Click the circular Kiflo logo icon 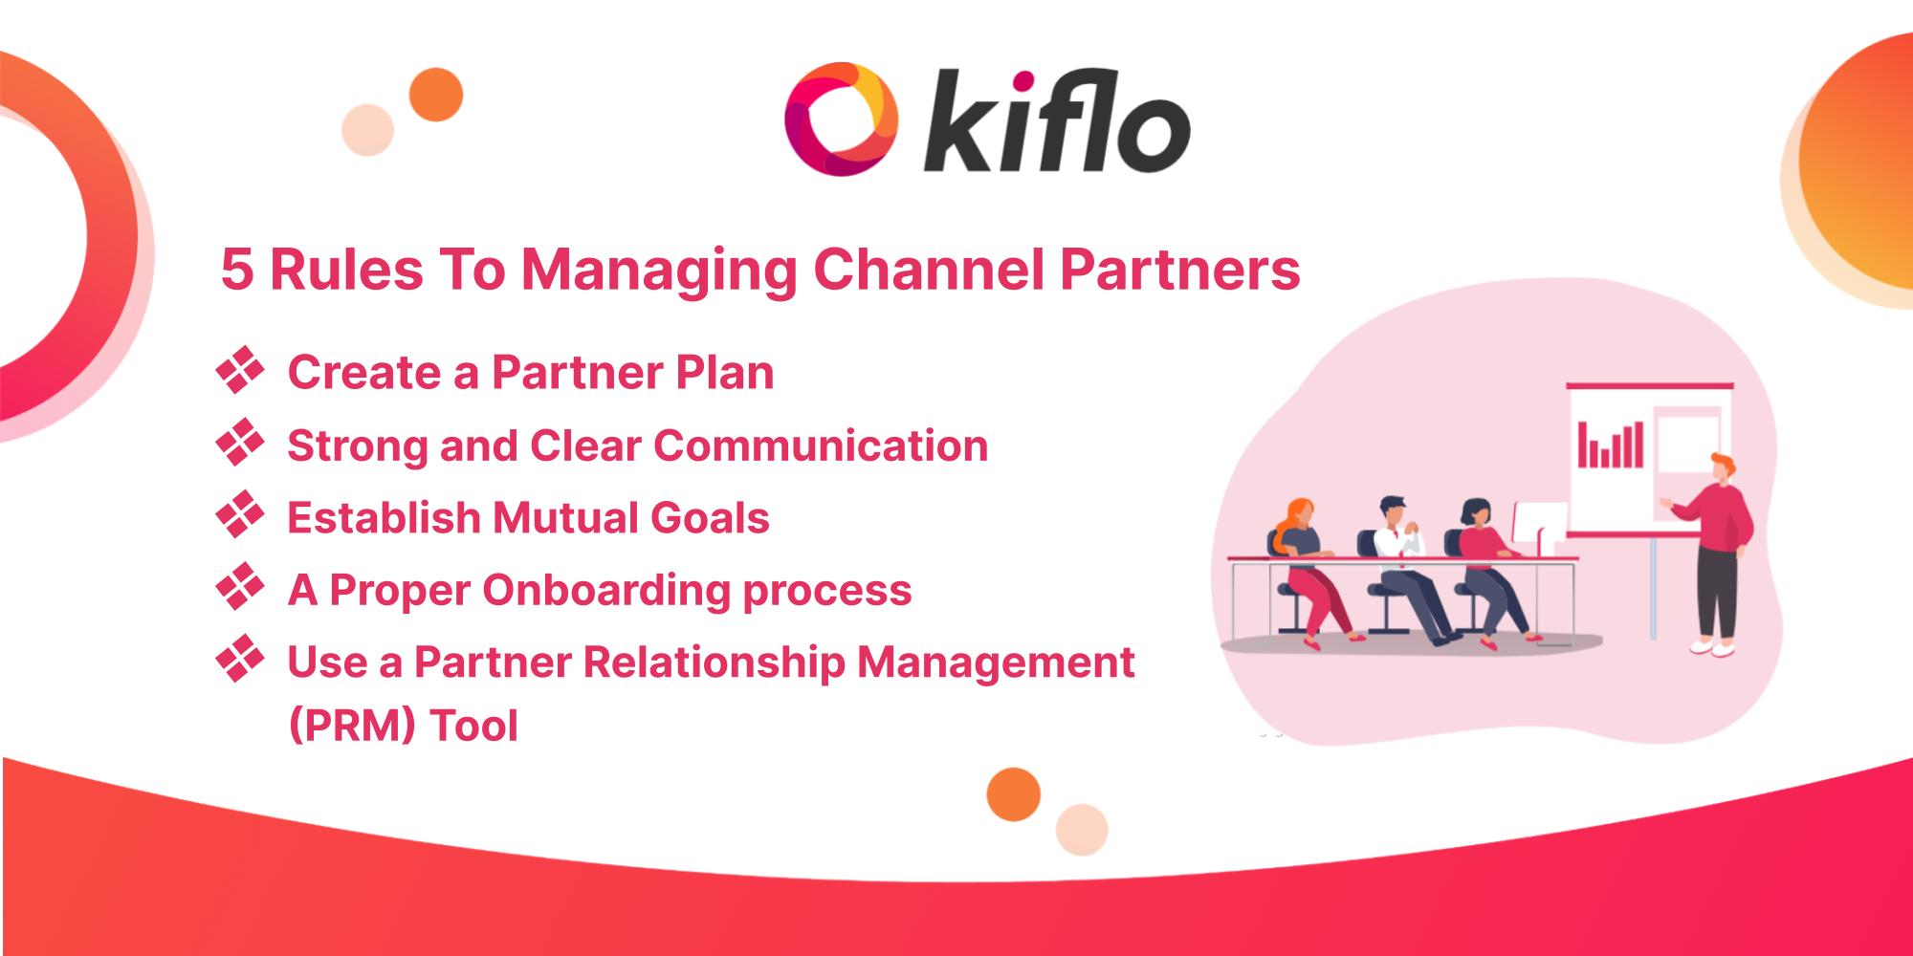coord(839,119)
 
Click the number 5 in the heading coord(237,271)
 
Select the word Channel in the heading coord(927,271)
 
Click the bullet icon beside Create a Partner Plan coord(240,371)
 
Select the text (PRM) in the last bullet coord(351,726)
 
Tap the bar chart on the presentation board coord(1611,445)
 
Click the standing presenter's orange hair coord(1721,464)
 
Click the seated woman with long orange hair coord(1306,564)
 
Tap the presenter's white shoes coord(1712,647)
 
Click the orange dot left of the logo coord(436,95)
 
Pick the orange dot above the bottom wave coord(1013,793)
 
